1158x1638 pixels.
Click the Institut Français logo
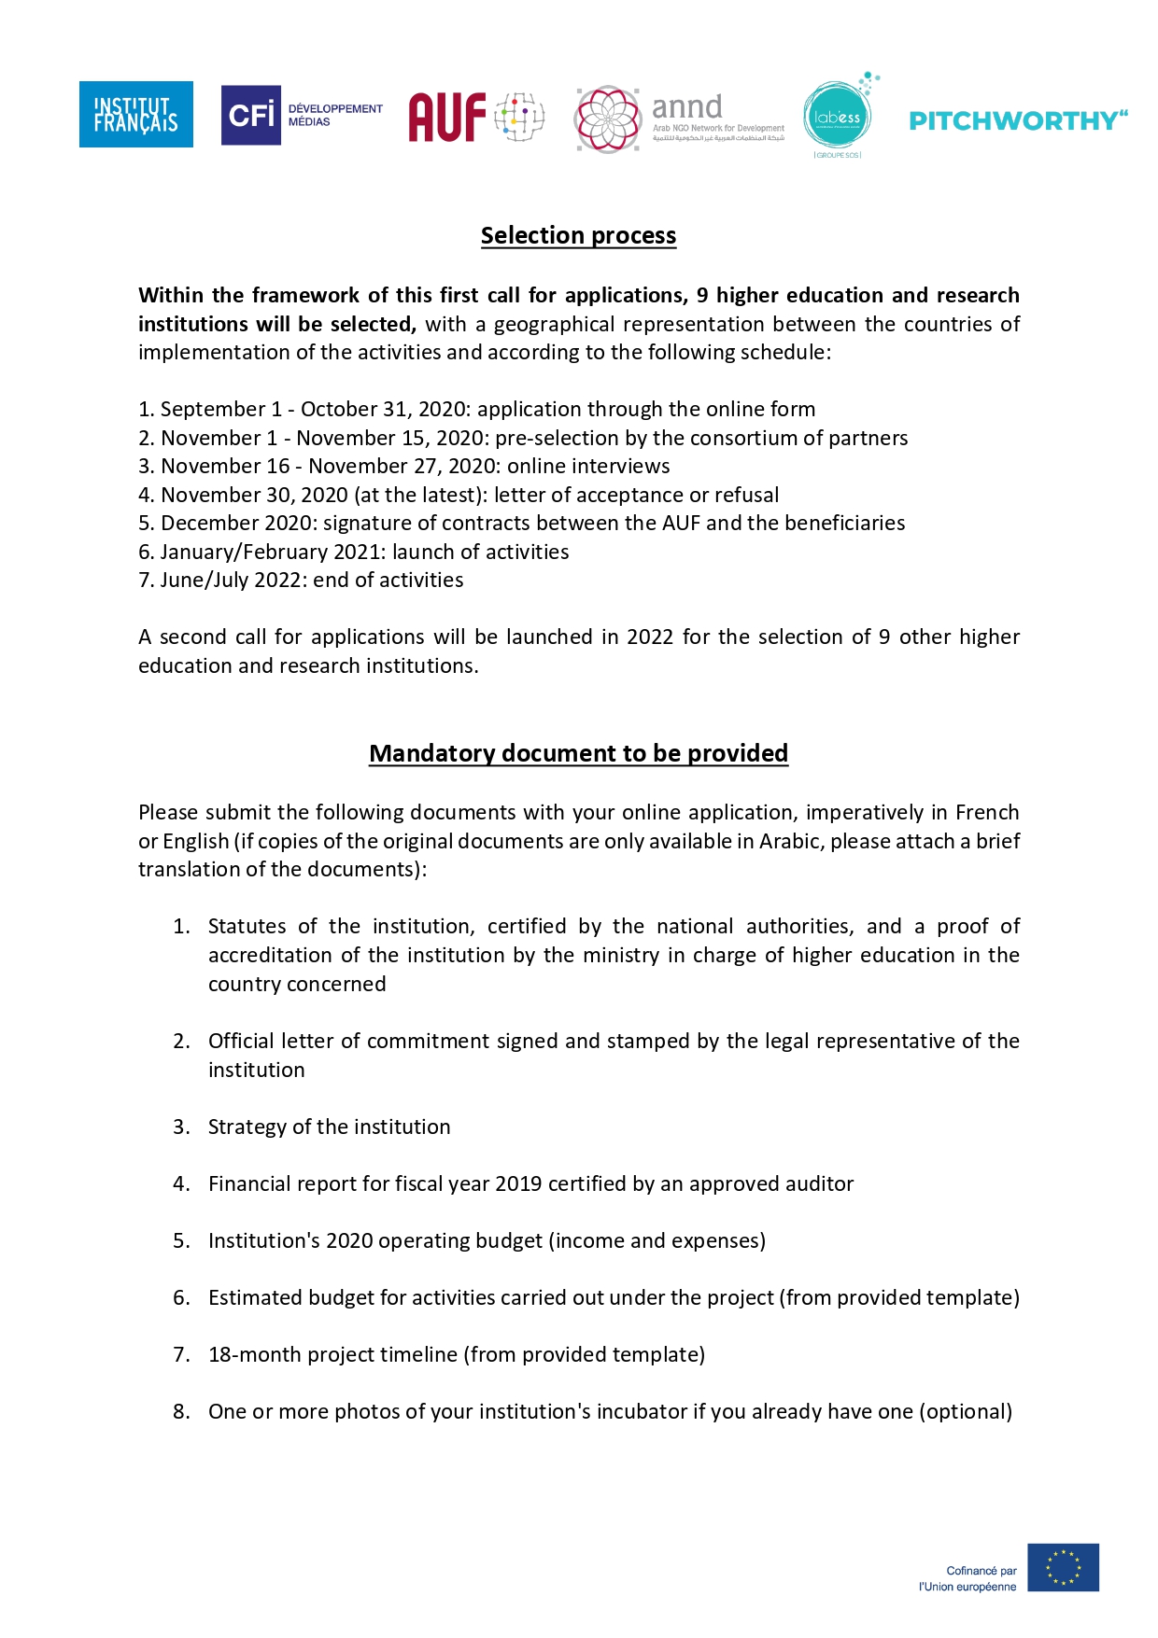point(136,114)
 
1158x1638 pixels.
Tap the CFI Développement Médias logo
point(302,115)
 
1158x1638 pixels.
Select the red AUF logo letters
point(447,117)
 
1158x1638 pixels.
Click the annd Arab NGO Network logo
point(680,119)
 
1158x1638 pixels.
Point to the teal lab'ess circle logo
point(837,117)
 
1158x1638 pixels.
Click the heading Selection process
point(578,235)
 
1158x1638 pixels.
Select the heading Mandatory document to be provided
point(578,753)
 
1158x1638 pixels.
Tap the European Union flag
point(1063,1567)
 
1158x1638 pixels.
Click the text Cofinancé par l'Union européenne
point(968,1578)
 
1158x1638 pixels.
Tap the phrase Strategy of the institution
point(329,1127)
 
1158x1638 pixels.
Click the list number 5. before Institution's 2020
point(181,1240)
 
